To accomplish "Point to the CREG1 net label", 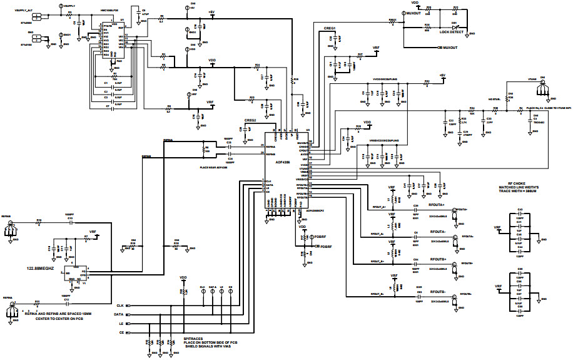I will coord(330,29).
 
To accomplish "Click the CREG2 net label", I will coord(250,120).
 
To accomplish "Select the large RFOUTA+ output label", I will coord(437,204).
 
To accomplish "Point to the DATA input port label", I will coord(118,314).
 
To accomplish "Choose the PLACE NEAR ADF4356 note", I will coord(212,167).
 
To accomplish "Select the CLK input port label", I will coord(119,306).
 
